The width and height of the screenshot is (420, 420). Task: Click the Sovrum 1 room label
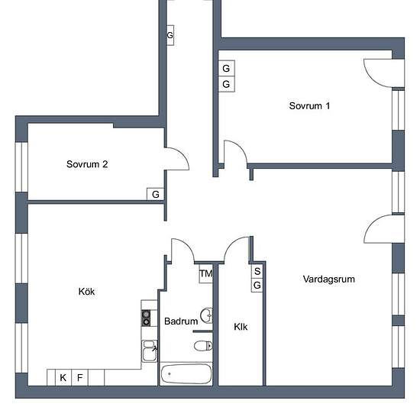(x=309, y=106)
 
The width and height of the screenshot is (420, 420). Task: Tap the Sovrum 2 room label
(x=87, y=164)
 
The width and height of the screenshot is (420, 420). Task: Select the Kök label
(x=86, y=292)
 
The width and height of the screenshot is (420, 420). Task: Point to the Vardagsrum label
(x=329, y=279)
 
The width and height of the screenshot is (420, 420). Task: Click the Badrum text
(x=181, y=321)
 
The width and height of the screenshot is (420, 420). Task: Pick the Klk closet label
(x=241, y=327)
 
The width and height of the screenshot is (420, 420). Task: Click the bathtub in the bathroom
(x=186, y=373)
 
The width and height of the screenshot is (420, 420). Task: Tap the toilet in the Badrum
(x=203, y=346)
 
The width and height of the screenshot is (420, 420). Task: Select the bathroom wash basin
(x=206, y=315)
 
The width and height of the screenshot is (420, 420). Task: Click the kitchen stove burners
(x=146, y=318)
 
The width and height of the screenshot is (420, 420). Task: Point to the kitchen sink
(x=150, y=351)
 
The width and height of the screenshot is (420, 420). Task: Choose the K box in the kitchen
(x=63, y=377)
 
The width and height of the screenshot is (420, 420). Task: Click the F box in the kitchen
(x=80, y=377)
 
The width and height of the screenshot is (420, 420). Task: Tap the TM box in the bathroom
(x=206, y=273)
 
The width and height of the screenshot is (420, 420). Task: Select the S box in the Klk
(x=257, y=271)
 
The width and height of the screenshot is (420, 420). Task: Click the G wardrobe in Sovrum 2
(x=156, y=194)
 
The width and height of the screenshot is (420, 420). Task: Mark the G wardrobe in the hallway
(x=170, y=35)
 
